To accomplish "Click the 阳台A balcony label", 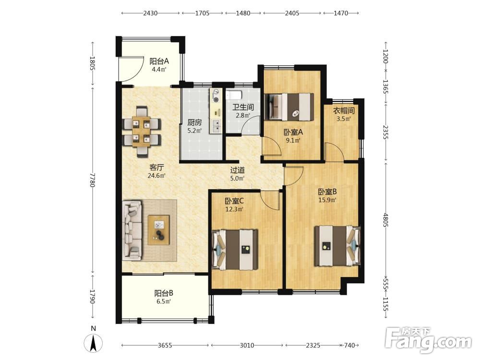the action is click(159, 61).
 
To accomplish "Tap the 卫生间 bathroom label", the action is click(243, 108).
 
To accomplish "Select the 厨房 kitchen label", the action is click(194, 123).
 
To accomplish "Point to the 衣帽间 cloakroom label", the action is click(344, 110).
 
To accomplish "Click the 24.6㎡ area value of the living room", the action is click(156, 176).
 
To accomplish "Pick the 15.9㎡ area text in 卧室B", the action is click(327, 200).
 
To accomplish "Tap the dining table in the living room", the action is click(142, 132).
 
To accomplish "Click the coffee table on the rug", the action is click(158, 230).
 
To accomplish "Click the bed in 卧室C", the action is click(235, 250).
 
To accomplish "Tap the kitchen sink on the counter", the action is click(216, 126).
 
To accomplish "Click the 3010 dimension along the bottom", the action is click(246, 345).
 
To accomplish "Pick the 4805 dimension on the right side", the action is click(385, 220).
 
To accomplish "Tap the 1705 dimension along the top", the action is click(203, 13).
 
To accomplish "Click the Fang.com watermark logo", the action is click(428, 339).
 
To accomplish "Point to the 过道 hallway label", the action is click(237, 170).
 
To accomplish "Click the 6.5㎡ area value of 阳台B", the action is click(164, 301).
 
